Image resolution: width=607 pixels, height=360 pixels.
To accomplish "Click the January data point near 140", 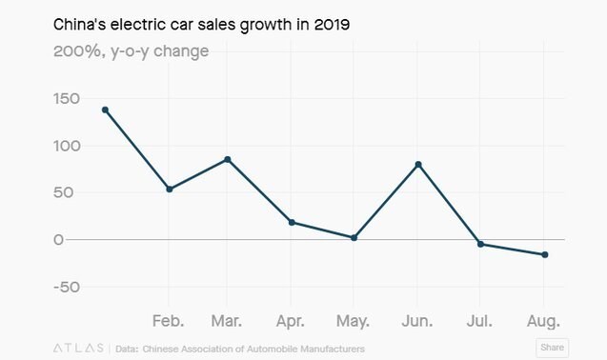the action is coord(105,110).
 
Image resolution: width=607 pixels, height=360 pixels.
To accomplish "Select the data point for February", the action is coord(170,189).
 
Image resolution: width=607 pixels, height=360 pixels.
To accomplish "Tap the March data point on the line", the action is coord(227,159).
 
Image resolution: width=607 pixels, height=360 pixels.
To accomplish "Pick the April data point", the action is coord(292,222).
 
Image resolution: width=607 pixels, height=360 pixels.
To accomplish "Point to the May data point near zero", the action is coord(354,238).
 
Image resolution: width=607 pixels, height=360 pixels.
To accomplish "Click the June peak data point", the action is coord(418,165).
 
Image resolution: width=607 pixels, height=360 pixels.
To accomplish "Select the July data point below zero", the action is coord(481,244).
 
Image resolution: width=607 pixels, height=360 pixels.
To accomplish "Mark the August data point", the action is coord(545,254).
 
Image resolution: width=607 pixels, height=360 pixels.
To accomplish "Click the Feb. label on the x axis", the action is coord(168,321).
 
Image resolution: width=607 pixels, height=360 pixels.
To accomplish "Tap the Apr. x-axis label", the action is coord(291,321).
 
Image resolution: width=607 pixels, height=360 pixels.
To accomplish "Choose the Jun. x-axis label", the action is coord(417,321).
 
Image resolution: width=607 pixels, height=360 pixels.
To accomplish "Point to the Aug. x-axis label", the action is coord(543,322).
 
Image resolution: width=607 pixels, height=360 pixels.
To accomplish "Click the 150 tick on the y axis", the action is coord(67,99).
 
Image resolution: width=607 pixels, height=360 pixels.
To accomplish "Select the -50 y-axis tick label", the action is coord(67,288).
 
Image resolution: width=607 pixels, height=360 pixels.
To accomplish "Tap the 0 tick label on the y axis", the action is coord(58,240).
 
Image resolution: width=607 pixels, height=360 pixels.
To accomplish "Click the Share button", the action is coord(552,348).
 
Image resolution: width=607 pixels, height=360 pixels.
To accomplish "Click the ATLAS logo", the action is coord(78,348).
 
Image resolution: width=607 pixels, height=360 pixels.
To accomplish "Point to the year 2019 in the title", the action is coord(332,25).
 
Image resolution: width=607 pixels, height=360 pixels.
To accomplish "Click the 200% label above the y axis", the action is coord(77,51).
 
